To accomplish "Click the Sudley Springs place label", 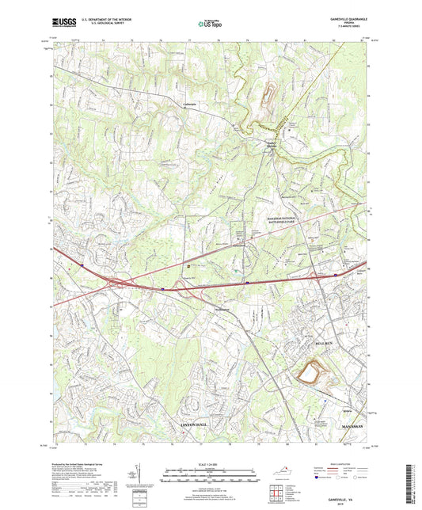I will click(x=272, y=144).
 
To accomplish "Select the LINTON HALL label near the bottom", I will click(x=189, y=426).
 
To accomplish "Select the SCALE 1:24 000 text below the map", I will click(x=210, y=464).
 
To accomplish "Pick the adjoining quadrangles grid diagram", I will click(x=276, y=495).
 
